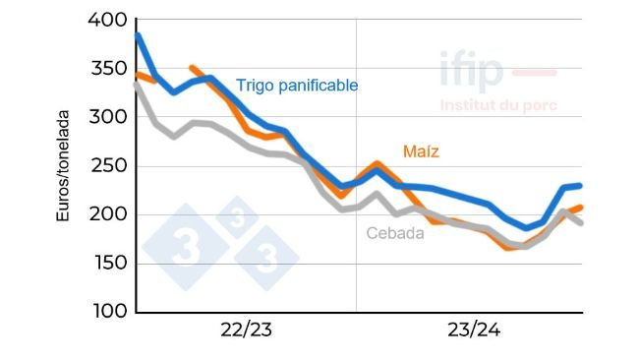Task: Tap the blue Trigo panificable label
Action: (x=297, y=86)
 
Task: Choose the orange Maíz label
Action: (x=421, y=151)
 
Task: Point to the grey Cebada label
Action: (x=395, y=233)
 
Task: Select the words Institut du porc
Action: (x=498, y=105)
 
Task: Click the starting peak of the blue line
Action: (x=138, y=35)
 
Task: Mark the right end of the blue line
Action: (x=581, y=185)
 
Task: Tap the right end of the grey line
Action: (x=581, y=223)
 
